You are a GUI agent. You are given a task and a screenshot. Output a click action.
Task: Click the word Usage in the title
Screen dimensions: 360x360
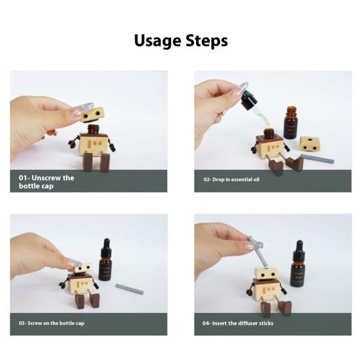coord(157,41)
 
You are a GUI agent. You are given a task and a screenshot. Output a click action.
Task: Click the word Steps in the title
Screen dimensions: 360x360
coord(206,41)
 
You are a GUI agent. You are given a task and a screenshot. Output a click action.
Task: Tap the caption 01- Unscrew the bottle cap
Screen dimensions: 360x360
coord(46,182)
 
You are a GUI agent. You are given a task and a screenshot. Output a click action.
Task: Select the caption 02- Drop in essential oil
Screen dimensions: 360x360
coord(231,179)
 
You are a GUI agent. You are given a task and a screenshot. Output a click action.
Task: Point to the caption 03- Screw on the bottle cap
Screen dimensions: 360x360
coord(52,323)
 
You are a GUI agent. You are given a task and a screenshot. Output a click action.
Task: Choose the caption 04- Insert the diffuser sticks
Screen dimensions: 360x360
coord(238,323)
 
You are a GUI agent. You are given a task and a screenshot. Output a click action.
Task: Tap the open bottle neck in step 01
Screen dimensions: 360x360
coord(93,129)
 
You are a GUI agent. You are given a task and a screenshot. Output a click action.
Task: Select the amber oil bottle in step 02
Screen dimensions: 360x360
coord(291,123)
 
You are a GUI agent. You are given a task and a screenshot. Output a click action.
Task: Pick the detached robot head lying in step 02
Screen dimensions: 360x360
coord(310,144)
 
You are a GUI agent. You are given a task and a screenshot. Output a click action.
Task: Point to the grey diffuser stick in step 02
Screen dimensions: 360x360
coord(318,159)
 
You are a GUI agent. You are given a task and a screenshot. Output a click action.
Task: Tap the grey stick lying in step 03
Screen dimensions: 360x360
coord(129,289)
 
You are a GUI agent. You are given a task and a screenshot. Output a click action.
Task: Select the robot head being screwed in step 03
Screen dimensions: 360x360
coord(83,269)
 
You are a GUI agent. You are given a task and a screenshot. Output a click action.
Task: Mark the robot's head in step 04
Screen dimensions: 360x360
coord(267,274)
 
